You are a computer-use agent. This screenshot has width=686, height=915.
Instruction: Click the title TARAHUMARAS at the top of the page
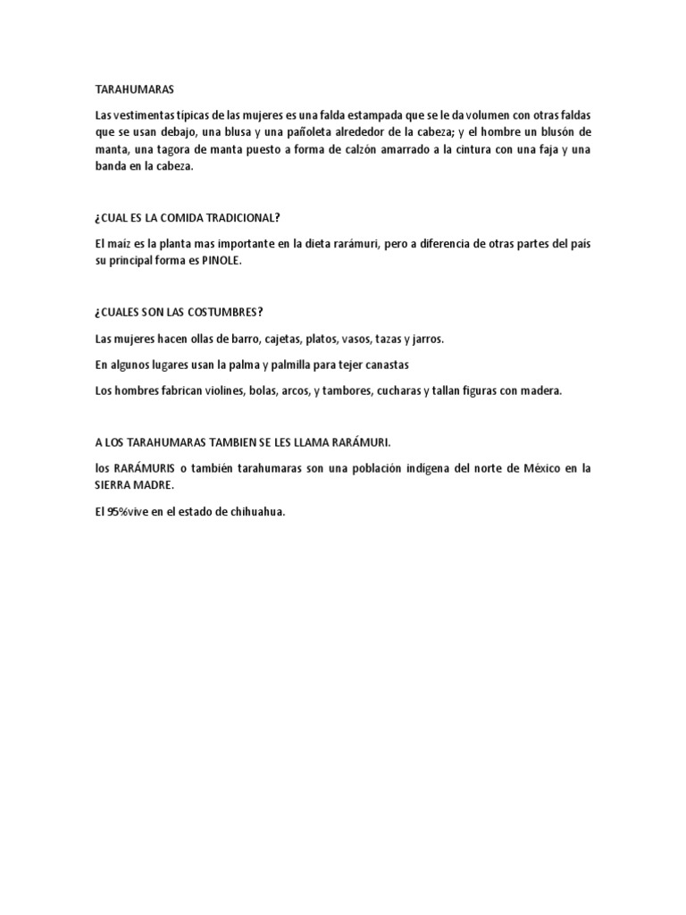(x=135, y=90)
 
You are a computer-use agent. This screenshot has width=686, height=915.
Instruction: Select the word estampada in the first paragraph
(x=379, y=116)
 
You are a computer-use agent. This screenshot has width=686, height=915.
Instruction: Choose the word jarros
(x=426, y=339)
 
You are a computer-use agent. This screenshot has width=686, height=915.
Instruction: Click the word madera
(x=541, y=390)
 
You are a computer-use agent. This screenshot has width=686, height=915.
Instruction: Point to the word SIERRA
(x=113, y=485)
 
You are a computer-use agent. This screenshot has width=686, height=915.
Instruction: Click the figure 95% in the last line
(x=118, y=511)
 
